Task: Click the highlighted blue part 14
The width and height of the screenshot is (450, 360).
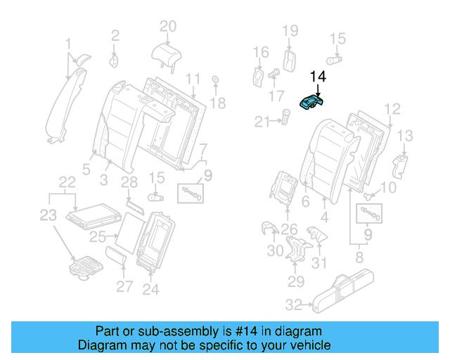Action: [x=310, y=103]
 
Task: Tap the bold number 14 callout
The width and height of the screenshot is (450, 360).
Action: [x=318, y=77]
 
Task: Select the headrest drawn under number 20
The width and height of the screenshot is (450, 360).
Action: [x=167, y=52]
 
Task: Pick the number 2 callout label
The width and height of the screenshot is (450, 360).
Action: [x=115, y=33]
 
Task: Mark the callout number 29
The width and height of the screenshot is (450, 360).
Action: [x=295, y=282]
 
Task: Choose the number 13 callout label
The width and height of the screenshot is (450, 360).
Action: [x=405, y=135]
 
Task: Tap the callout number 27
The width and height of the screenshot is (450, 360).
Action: [x=124, y=286]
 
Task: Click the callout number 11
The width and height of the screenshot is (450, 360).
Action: [x=193, y=77]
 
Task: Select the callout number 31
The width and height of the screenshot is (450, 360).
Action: [x=320, y=264]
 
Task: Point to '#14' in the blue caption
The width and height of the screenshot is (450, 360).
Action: [x=254, y=331]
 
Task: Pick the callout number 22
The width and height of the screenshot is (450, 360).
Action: [x=67, y=182]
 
